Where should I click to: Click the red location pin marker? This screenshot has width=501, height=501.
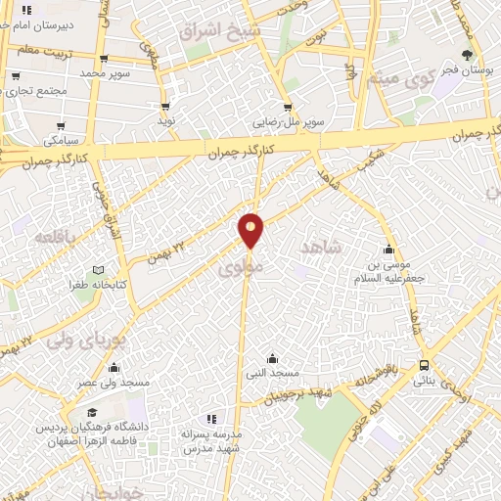click(x=251, y=230)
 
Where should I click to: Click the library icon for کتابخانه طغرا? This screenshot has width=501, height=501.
click(x=96, y=270)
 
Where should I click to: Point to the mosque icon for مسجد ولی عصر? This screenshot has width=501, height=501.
click(x=115, y=369)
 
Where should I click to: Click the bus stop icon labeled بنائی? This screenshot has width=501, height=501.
click(x=423, y=364)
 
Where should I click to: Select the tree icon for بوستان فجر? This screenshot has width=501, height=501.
click(x=467, y=56)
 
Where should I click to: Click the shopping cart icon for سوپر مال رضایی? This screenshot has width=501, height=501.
click(x=288, y=108)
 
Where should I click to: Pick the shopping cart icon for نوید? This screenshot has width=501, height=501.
click(x=164, y=107)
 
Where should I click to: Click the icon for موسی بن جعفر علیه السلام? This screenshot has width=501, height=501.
click(x=389, y=249)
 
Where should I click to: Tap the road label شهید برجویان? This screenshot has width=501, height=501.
click(x=289, y=394)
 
